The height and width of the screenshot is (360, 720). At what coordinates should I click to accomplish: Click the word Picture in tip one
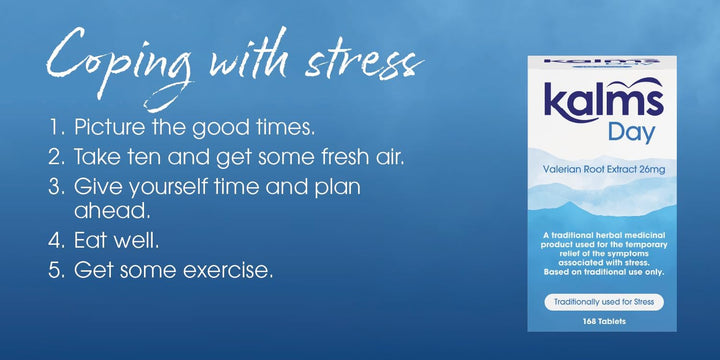point(106,129)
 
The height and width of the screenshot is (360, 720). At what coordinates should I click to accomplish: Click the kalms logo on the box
point(603,103)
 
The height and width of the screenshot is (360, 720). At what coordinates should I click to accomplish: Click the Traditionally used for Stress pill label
point(604,300)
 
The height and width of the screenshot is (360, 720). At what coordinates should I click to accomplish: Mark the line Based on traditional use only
point(603,272)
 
